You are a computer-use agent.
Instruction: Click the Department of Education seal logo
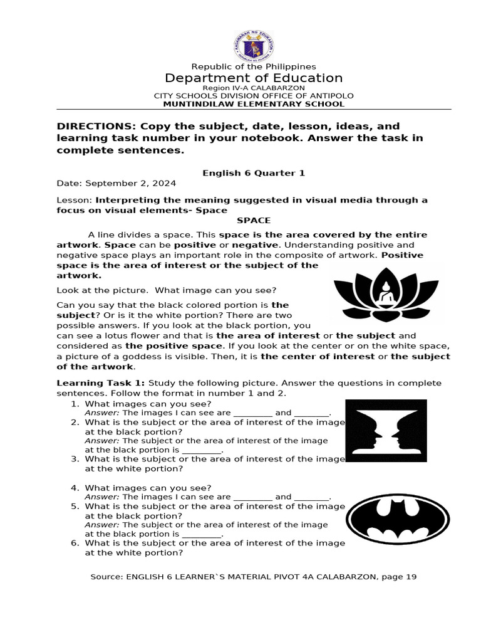coord(253,46)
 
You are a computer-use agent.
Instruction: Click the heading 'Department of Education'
coord(254,78)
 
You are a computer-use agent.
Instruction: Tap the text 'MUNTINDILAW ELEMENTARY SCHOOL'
coord(254,104)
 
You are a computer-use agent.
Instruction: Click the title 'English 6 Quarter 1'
coord(254,173)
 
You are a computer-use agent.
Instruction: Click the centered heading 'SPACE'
coord(254,220)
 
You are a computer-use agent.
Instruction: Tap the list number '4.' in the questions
coord(75,488)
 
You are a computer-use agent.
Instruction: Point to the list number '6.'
coord(75,543)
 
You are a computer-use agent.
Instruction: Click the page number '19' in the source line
coord(411,577)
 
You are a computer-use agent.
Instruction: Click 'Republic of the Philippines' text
coord(254,66)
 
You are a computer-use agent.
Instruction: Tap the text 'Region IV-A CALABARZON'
coord(254,88)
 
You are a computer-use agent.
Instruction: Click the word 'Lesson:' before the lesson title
coord(75,200)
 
